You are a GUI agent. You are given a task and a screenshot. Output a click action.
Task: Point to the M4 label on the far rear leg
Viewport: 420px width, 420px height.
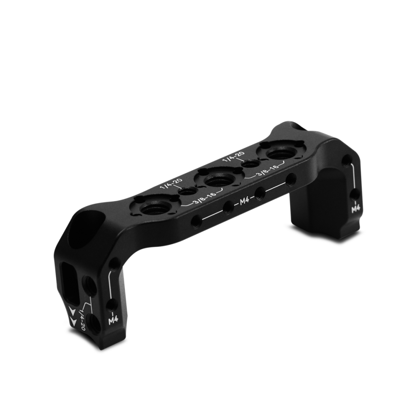[x=355, y=209]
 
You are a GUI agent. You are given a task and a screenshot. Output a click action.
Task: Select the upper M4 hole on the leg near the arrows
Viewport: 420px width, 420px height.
[x=115, y=263]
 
